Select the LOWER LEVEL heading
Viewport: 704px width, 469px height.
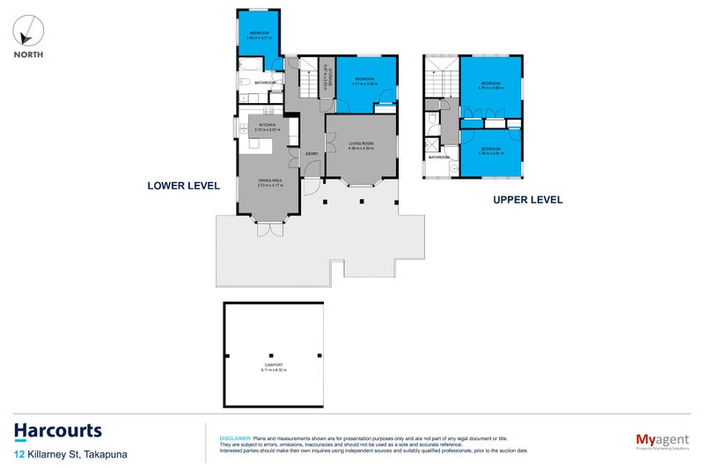click(x=182, y=186)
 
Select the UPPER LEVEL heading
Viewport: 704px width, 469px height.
click(x=527, y=200)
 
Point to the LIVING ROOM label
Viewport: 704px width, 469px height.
click(x=362, y=144)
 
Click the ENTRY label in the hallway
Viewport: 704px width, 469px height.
click(x=312, y=155)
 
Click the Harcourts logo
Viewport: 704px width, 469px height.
click(x=57, y=431)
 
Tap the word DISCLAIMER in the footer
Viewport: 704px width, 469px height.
click(x=234, y=437)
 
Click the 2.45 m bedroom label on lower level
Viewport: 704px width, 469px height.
click(x=258, y=35)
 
